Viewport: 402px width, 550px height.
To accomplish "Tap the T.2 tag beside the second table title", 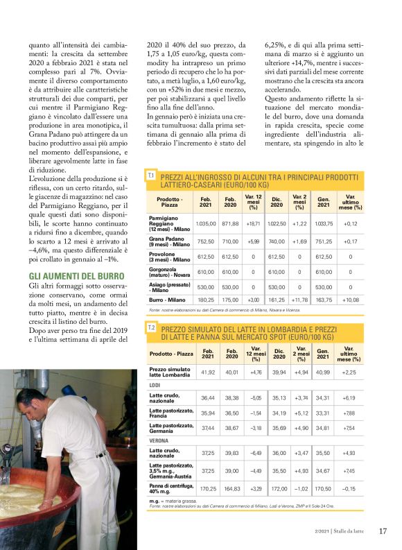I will (151, 327).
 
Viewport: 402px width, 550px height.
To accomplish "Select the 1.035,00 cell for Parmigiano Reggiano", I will (206, 224).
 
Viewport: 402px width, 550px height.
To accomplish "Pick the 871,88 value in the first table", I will (230, 224).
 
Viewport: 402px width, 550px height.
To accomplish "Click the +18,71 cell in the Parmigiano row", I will (254, 224).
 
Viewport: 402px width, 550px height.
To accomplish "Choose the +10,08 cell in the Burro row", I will (350, 300).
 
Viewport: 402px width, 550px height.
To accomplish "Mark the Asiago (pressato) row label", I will (171, 286).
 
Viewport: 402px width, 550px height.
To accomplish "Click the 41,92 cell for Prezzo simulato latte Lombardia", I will (208, 372).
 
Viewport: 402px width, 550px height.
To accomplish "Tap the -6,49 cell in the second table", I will (254, 452).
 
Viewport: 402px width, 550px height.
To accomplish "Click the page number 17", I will (383, 531).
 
